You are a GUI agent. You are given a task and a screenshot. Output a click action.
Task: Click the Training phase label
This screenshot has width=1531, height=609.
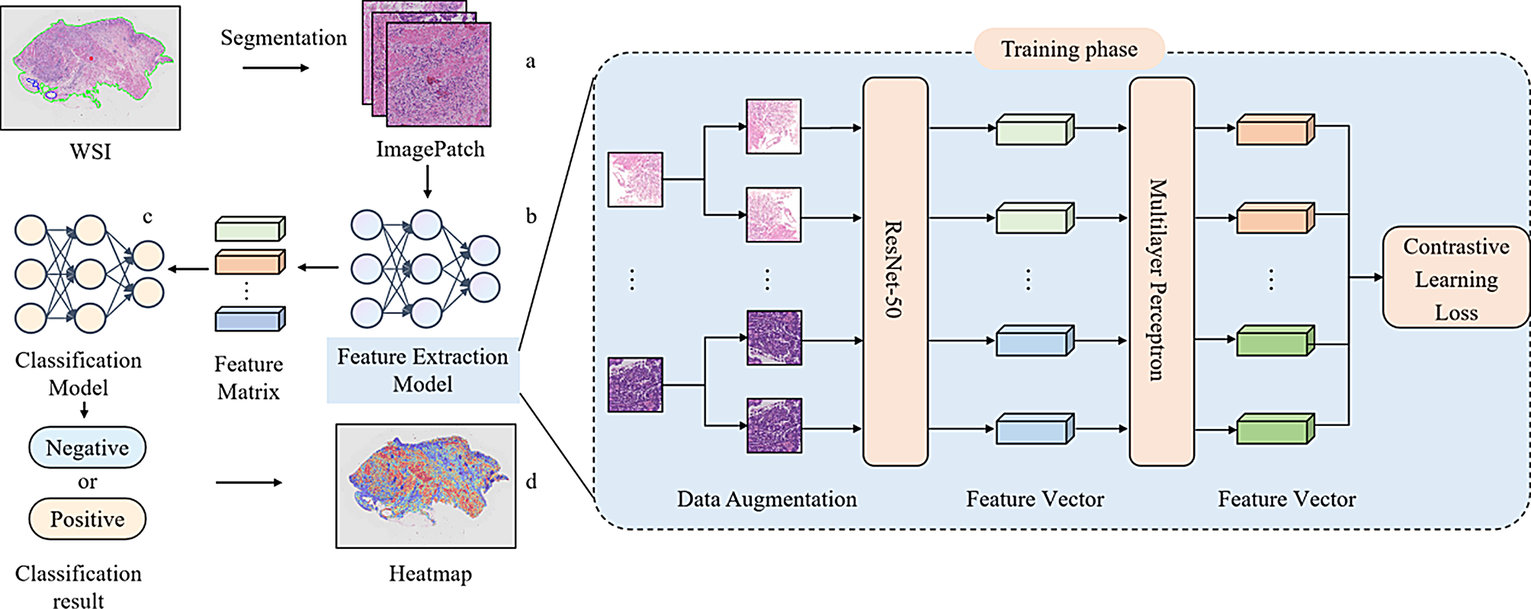coord(1069,50)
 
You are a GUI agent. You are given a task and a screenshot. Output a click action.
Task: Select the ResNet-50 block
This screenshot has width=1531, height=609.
coord(895,271)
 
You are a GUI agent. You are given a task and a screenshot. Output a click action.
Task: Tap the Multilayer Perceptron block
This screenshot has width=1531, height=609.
coord(1160,271)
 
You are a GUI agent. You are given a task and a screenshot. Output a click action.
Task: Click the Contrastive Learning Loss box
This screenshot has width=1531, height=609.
coord(1456,279)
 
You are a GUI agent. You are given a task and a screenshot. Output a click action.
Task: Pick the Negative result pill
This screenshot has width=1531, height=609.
coord(87,447)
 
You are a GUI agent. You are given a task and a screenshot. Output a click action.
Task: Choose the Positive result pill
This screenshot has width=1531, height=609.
coord(87,519)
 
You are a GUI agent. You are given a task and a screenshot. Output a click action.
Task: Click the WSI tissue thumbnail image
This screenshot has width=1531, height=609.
coord(91,68)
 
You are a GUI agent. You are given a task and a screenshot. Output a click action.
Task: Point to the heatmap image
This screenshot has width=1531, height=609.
coord(425,486)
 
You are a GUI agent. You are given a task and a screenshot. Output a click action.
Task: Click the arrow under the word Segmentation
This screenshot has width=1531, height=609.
coord(275,68)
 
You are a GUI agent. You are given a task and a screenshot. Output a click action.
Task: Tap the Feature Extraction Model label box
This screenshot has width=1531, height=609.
coord(422,370)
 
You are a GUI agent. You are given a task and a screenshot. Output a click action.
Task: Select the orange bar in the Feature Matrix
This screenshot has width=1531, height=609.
coord(249,263)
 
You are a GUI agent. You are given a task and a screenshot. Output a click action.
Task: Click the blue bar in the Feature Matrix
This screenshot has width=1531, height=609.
coord(249,319)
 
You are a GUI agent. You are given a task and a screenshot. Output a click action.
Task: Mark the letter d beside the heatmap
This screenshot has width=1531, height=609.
coord(531,482)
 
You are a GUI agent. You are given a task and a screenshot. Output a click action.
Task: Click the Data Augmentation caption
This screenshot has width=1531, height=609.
coord(766,499)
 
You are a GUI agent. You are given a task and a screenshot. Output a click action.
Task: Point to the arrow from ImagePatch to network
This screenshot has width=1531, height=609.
coord(427,182)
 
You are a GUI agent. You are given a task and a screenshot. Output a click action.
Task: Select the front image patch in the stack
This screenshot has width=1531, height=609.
coord(438,75)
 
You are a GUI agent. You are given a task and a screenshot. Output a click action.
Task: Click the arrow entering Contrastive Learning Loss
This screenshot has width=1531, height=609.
coord(1366,277)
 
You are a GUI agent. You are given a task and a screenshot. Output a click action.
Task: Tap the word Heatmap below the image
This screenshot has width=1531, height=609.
coord(430,574)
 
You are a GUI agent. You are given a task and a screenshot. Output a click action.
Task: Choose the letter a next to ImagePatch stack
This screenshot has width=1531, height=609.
coord(531,62)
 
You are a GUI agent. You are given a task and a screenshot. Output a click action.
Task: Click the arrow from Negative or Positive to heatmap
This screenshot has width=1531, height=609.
coord(249,482)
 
